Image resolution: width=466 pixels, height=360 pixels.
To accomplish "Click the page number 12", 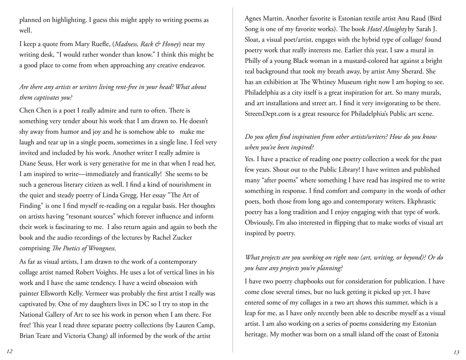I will coord(10,352).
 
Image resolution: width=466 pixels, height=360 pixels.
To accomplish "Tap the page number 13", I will coord(456,352).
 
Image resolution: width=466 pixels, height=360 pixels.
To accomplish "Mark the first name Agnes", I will coord(254,19).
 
